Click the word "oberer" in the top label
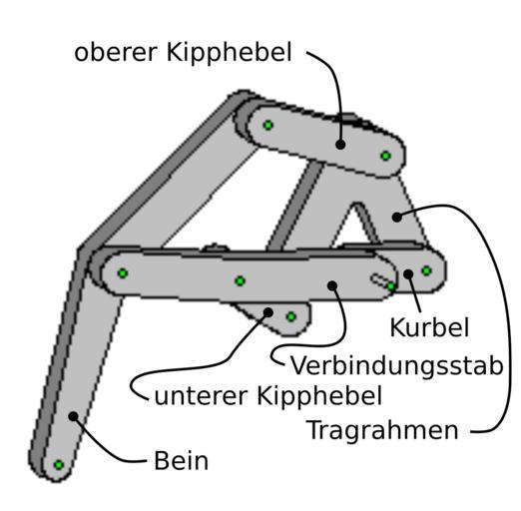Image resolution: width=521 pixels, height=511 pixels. coord(116,52)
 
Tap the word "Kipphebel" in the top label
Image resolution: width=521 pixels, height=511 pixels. coord(229,52)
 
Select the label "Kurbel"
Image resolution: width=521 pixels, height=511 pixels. coord(429,327)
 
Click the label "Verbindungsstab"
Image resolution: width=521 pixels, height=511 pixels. coord(397,365)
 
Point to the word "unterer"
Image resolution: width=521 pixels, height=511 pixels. coord(202,396)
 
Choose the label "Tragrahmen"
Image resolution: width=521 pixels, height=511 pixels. coord(384,431)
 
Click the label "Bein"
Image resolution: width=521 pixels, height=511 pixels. coord(182,461)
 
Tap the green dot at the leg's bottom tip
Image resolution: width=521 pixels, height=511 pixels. coord(59,465)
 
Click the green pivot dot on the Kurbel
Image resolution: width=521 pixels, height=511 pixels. coord(426,270)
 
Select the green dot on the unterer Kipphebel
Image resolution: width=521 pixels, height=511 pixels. coord(291,316)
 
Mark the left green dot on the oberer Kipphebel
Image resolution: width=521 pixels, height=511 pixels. coord(268,125)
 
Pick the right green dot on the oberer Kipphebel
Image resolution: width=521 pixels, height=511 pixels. coord(385,156)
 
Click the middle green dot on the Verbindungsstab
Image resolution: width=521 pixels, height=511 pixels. coord(240,281)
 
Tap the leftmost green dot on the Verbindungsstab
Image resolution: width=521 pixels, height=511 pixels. coord(123,273)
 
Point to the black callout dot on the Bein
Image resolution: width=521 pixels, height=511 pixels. coord(73,416)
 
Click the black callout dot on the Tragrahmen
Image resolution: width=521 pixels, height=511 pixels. coord(396,217)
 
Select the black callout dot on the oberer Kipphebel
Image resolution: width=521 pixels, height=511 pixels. coord(340,145)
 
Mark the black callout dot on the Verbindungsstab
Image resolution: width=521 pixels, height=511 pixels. coord(332,285)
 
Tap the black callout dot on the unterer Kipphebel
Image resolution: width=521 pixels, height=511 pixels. coord(268,312)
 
